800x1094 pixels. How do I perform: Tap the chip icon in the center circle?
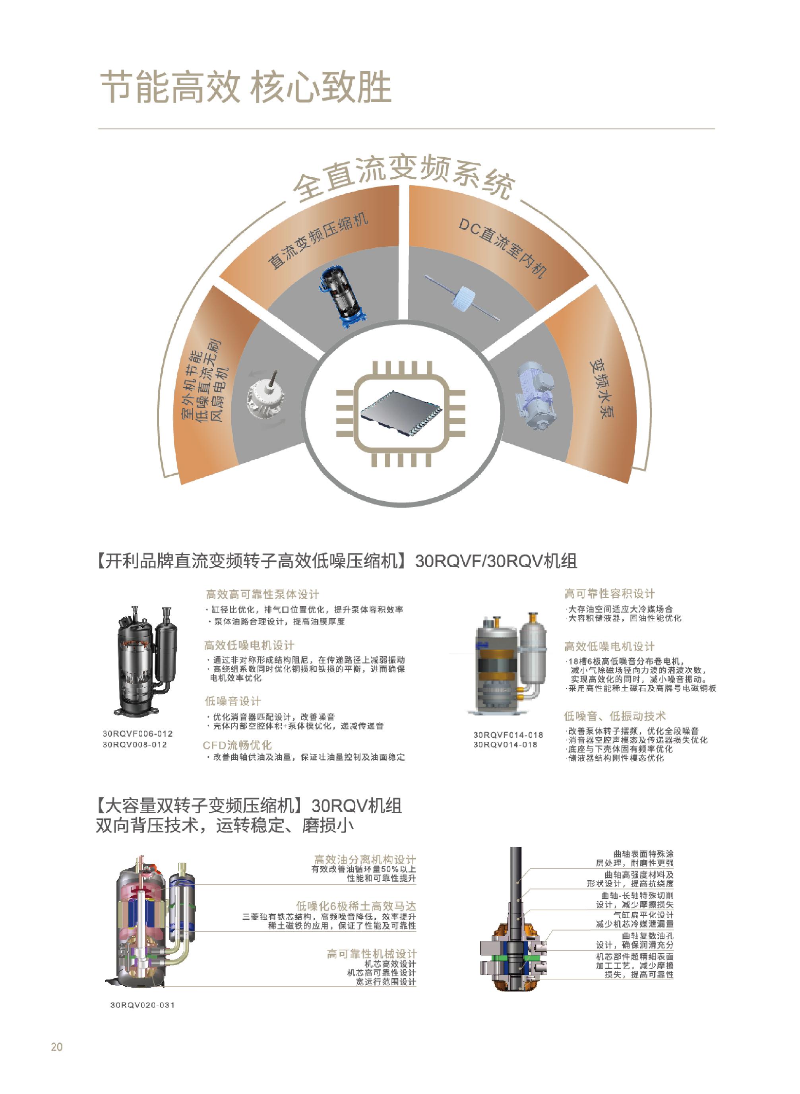pyautogui.click(x=401, y=413)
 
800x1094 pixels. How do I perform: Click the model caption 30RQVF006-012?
pyautogui.click(x=137, y=734)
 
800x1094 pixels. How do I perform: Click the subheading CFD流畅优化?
pyautogui.click(x=237, y=745)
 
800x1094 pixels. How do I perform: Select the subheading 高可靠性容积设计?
pyautogui.click(x=609, y=594)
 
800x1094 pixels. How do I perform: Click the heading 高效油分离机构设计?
pyautogui.click(x=365, y=859)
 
